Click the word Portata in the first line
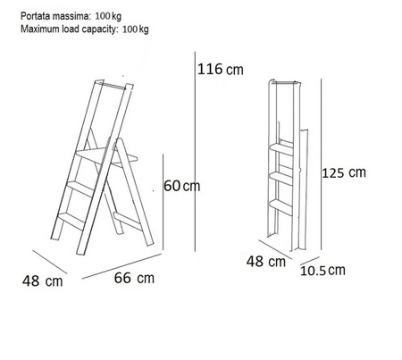(32, 15)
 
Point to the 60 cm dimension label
(182, 186)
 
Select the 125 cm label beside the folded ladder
(345, 173)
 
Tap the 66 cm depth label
(134, 278)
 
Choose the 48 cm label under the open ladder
(42, 281)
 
